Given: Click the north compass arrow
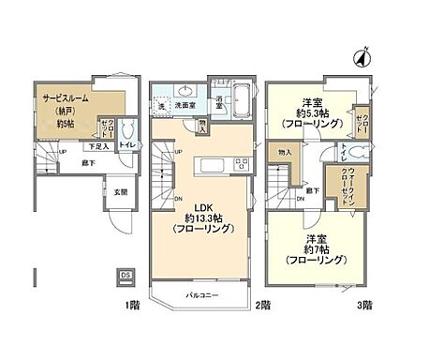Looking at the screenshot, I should pyautogui.click(x=359, y=57).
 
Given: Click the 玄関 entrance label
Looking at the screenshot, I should pyautogui.click(x=122, y=193).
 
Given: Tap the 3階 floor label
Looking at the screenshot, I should pyautogui.click(x=365, y=306).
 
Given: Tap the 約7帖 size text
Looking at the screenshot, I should pyautogui.click(x=312, y=249).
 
